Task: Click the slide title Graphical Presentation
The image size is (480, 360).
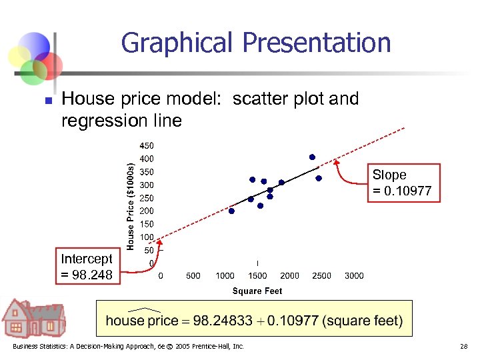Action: (256, 43)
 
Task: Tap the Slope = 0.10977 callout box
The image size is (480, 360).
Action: (401, 183)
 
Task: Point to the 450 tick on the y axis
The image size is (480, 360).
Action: (146, 145)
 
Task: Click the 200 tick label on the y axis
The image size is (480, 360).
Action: (146, 211)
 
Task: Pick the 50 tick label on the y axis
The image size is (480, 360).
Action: (149, 250)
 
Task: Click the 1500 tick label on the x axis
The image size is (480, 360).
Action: (257, 276)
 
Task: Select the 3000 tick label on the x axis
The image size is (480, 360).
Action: (354, 276)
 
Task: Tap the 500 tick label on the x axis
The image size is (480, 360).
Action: (193, 276)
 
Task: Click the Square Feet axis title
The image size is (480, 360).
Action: (257, 291)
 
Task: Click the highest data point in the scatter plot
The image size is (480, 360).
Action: (312, 157)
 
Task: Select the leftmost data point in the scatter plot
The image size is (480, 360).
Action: (231, 211)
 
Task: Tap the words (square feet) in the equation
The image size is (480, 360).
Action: (362, 321)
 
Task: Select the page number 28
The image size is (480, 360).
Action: (465, 347)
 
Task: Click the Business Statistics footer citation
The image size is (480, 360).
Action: (127, 347)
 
